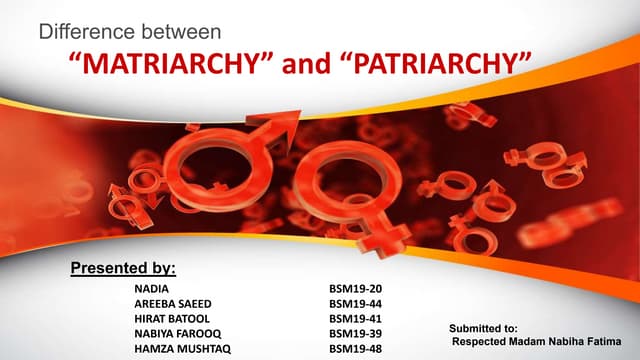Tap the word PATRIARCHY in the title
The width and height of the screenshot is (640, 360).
point(440,67)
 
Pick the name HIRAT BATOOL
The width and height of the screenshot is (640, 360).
point(171,317)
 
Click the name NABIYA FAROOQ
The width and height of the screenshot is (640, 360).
point(175,333)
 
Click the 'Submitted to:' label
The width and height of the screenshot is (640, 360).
point(483,327)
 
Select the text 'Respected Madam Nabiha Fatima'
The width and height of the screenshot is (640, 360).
point(535,341)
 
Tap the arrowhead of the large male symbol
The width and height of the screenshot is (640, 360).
point(281,124)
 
